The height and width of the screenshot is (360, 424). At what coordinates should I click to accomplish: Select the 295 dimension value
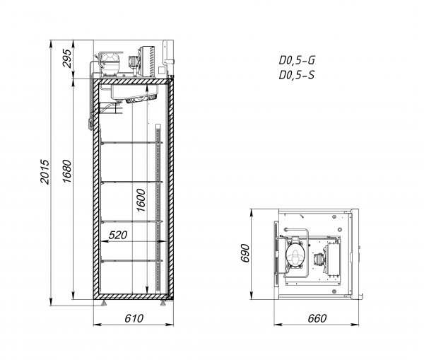(x=67, y=58)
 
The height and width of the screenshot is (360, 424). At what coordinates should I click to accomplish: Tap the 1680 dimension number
(x=66, y=171)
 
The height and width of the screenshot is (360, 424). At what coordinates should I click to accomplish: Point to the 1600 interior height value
(x=141, y=200)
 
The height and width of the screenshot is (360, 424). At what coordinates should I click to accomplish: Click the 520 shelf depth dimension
(x=117, y=235)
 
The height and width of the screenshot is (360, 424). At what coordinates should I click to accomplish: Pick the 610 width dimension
(x=134, y=318)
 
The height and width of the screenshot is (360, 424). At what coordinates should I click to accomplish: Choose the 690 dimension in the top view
(x=245, y=253)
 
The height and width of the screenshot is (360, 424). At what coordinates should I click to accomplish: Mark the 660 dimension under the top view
(x=317, y=318)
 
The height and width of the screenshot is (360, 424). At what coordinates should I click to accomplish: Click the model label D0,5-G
(x=297, y=60)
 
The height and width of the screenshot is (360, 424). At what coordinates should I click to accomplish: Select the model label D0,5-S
(x=297, y=75)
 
